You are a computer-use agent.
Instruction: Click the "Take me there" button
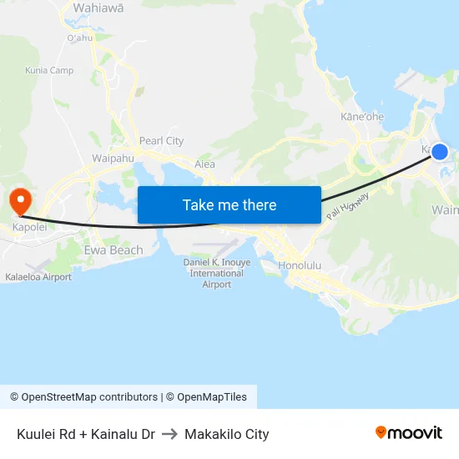pyautogui.click(x=229, y=204)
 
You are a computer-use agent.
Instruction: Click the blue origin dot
pyautogui.click(x=440, y=151)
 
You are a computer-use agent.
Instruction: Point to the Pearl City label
pyautogui.click(x=161, y=141)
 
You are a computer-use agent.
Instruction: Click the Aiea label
pyautogui.click(x=204, y=164)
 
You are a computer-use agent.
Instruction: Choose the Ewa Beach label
pyautogui.click(x=113, y=250)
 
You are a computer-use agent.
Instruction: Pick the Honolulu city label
pyautogui.click(x=300, y=265)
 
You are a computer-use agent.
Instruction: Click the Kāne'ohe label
pyautogui.click(x=362, y=117)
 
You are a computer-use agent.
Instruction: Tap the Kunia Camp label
pyautogui.click(x=49, y=70)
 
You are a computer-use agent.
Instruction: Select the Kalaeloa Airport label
pyautogui.click(x=38, y=277)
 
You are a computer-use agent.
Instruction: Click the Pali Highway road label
pyautogui.click(x=348, y=205)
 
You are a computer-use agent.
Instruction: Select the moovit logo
pyautogui.click(x=409, y=433)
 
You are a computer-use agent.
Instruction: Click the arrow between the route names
pyautogui.click(x=169, y=434)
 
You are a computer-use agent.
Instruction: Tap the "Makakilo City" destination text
pyautogui.click(x=227, y=434)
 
